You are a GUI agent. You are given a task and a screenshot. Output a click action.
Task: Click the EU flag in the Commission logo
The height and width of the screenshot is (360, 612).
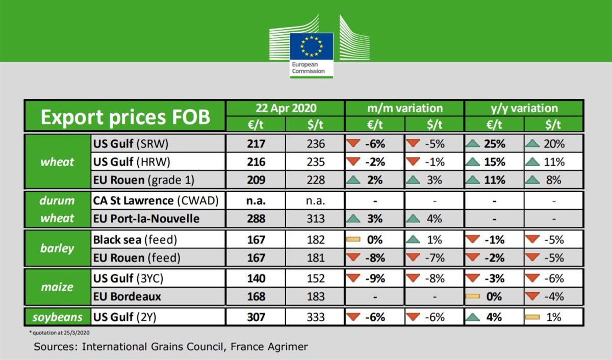point(312,46)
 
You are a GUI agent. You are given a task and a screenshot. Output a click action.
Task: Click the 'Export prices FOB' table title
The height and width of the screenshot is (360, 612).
point(125,117)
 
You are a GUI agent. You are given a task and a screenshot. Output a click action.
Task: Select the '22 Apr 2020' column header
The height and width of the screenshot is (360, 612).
point(286,108)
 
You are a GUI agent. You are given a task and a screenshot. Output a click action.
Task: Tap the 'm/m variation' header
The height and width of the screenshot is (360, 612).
point(405,108)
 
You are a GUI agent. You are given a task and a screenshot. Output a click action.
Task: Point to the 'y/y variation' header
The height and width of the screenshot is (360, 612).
point(524,108)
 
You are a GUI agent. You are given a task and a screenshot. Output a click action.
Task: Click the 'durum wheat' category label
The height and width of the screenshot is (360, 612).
point(57,209)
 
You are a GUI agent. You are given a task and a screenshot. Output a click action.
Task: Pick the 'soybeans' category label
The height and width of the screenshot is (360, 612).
point(57,317)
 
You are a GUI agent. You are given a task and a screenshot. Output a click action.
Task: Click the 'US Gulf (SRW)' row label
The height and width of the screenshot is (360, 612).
point(131,144)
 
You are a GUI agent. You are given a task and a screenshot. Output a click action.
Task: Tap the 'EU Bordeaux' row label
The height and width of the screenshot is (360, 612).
point(127,296)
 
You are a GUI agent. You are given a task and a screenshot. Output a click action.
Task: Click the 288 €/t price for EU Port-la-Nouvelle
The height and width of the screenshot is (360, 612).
point(256,218)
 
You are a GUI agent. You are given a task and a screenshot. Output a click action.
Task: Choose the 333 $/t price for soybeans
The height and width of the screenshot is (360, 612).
point(316,317)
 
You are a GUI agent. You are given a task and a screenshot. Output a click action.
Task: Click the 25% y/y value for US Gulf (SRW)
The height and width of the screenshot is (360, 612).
point(494,144)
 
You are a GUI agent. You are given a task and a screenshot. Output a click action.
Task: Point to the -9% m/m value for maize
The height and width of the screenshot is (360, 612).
point(375,278)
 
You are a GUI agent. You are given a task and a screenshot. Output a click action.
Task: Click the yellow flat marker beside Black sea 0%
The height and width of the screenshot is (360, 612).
point(353,239)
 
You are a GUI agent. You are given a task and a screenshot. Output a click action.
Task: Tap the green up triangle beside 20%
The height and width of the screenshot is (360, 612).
point(532,144)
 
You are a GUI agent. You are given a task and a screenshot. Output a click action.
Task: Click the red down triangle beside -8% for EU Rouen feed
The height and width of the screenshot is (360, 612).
point(353,258)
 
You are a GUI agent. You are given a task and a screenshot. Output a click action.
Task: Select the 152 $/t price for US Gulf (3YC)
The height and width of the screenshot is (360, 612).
point(316,278)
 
